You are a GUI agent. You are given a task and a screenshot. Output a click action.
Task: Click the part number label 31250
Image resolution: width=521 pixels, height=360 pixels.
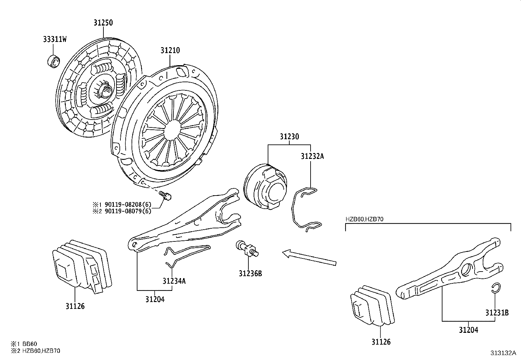coord(103,23)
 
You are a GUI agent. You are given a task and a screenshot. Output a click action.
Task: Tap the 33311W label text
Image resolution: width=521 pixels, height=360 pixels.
coord(55,39)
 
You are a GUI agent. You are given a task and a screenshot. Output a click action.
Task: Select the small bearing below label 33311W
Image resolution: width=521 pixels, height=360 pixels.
coord(53,61)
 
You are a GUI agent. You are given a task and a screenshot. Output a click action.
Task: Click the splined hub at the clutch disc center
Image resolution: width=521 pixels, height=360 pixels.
coord(106,90)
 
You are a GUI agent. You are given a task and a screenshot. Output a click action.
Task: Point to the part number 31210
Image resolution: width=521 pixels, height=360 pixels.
coord(170,50)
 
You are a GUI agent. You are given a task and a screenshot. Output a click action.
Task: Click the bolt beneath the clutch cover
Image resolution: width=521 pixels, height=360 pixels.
coord(165,196)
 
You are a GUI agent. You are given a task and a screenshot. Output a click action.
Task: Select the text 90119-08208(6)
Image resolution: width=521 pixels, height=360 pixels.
coord(128,204)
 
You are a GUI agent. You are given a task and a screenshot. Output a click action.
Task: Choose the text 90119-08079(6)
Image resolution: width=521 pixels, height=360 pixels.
coord(128,211)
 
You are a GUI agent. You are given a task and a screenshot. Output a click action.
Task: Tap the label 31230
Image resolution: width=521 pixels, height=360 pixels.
coord(289,137)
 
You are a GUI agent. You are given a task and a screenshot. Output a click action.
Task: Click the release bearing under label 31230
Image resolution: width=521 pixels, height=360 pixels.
coord(265,186)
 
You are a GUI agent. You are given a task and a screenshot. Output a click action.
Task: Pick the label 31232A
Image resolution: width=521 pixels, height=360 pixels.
coord(312,156)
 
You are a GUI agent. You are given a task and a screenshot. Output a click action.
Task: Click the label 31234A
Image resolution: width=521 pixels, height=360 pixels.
coord(174,281)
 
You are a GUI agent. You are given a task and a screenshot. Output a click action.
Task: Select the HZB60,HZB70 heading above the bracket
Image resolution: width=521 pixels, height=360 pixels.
coord(365,219)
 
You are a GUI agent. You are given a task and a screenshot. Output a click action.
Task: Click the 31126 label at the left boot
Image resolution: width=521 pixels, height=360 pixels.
coord(75,306)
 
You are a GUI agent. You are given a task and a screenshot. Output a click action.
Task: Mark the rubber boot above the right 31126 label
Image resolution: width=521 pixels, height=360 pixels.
coord(372,305)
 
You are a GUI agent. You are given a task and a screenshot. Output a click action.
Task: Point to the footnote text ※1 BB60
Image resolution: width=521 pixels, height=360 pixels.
coord(24,344)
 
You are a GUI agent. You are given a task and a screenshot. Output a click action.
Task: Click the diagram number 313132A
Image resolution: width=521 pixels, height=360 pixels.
coord(503,353)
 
